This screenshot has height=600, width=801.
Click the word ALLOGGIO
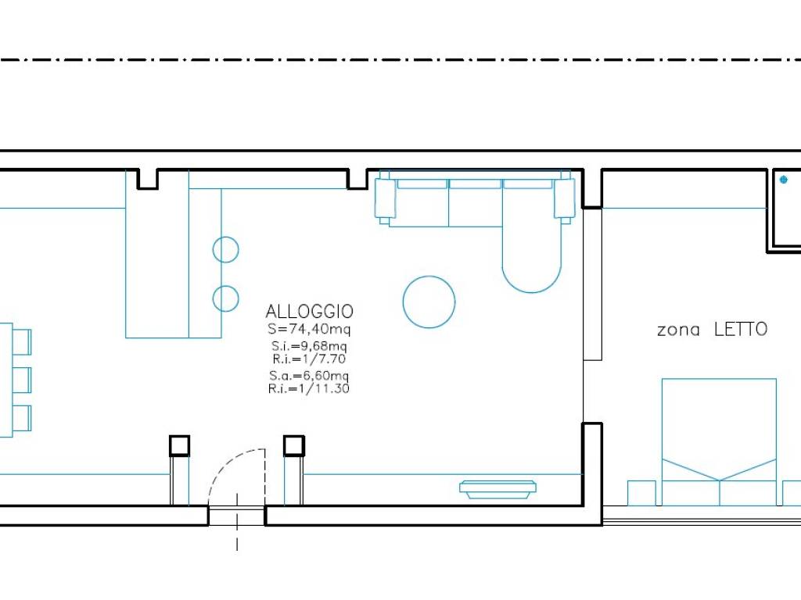[310, 311]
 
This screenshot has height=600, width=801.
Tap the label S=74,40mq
[309, 329]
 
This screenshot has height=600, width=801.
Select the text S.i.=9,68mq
[309, 346]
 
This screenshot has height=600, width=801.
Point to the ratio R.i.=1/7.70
[309, 359]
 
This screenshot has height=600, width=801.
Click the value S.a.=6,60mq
[309, 376]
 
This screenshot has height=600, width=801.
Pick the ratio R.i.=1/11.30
[309, 389]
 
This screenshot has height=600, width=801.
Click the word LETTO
[741, 329]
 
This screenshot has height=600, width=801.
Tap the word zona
[678, 330]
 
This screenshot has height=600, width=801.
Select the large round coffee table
[429, 302]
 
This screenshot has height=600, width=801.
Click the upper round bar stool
[226, 250]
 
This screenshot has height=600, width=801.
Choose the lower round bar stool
[226, 298]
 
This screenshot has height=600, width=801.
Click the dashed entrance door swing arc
[224, 462]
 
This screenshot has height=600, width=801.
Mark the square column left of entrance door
[180, 446]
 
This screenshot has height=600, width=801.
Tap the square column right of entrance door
[294, 446]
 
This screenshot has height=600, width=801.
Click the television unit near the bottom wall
[498, 489]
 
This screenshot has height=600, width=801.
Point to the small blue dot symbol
[784, 180]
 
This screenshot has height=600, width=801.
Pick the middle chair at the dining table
[22, 380]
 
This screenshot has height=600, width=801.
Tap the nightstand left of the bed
[641, 493]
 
